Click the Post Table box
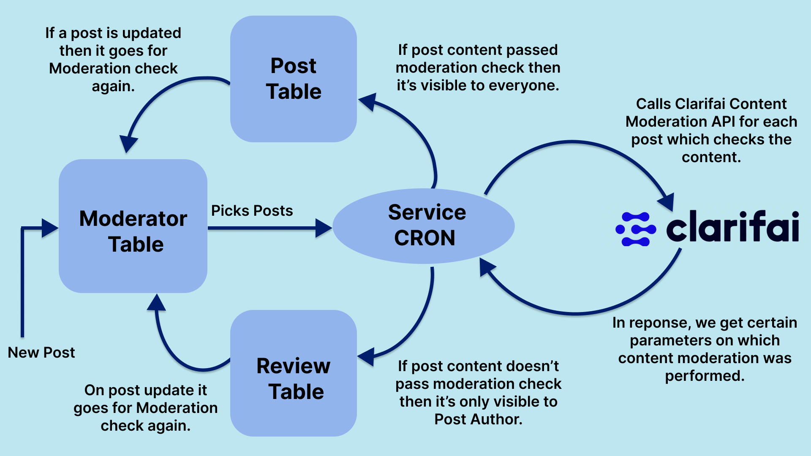pos(294,79)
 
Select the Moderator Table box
pos(133,226)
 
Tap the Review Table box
pos(294,374)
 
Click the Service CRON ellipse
pos(424,226)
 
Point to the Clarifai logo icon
pos(636,229)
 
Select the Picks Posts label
pos(252,211)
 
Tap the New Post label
pos(41,353)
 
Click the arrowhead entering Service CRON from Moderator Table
pos(324,228)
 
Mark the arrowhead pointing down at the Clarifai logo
pos(667,201)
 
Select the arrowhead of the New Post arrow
pos(50,228)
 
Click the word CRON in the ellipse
pos(425,238)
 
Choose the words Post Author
pos(478,419)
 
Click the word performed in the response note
pos(704,376)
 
